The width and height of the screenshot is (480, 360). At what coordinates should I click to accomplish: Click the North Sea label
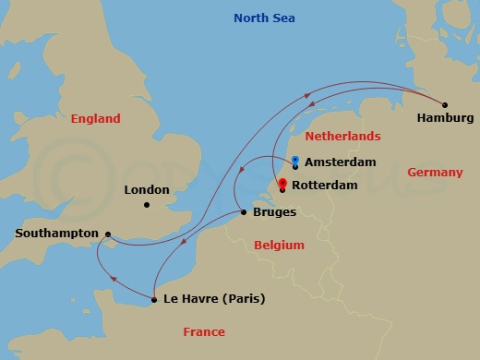tap(270, 18)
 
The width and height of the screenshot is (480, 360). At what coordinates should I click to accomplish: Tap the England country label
tap(95, 119)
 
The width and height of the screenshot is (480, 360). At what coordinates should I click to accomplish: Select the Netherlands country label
tap(342, 137)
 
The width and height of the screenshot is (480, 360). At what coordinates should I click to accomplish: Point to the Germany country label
tap(435, 173)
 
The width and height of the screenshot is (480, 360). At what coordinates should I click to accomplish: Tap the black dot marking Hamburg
tap(444, 104)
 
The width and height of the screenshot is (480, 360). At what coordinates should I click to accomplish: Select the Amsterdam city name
tap(341, 162)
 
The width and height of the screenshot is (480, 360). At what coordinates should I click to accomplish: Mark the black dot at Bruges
tap(243, 212)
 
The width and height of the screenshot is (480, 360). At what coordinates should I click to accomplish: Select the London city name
tap(147, 190)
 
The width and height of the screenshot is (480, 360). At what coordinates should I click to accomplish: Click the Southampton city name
tap(56, 234)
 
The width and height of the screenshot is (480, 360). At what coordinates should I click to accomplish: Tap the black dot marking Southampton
tap(108, 234)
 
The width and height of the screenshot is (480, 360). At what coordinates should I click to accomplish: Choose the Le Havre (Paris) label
tap(214, 299)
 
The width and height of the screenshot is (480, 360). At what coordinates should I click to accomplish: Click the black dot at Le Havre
tap(152, 299)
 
